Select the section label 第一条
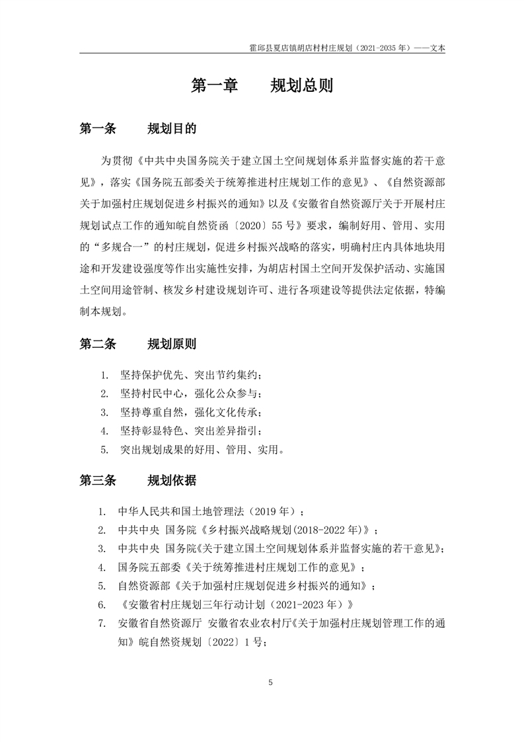coord(97,128)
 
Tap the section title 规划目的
coord(171,128)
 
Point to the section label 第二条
coord(97,344)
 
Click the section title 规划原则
coord(171,344)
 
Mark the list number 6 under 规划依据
coord(102,604)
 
